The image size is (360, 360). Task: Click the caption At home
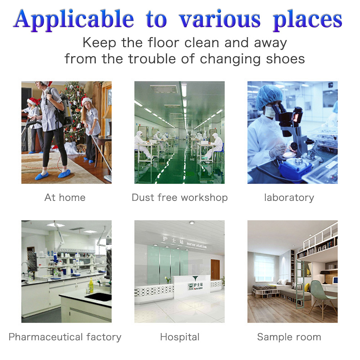tap(65, 197)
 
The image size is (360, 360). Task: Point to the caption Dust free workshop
tap(180, 197)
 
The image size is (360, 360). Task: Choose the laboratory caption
tap(289, 197)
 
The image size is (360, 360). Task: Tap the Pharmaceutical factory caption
tap(65, 337)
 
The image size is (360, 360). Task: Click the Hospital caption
tap(180, 337)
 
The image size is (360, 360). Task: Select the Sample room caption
tap(289, 337)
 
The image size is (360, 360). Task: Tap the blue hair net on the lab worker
tap(269, 94)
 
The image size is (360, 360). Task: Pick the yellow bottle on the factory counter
tap(91, 286)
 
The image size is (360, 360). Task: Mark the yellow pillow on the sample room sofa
tap(306, 287)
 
